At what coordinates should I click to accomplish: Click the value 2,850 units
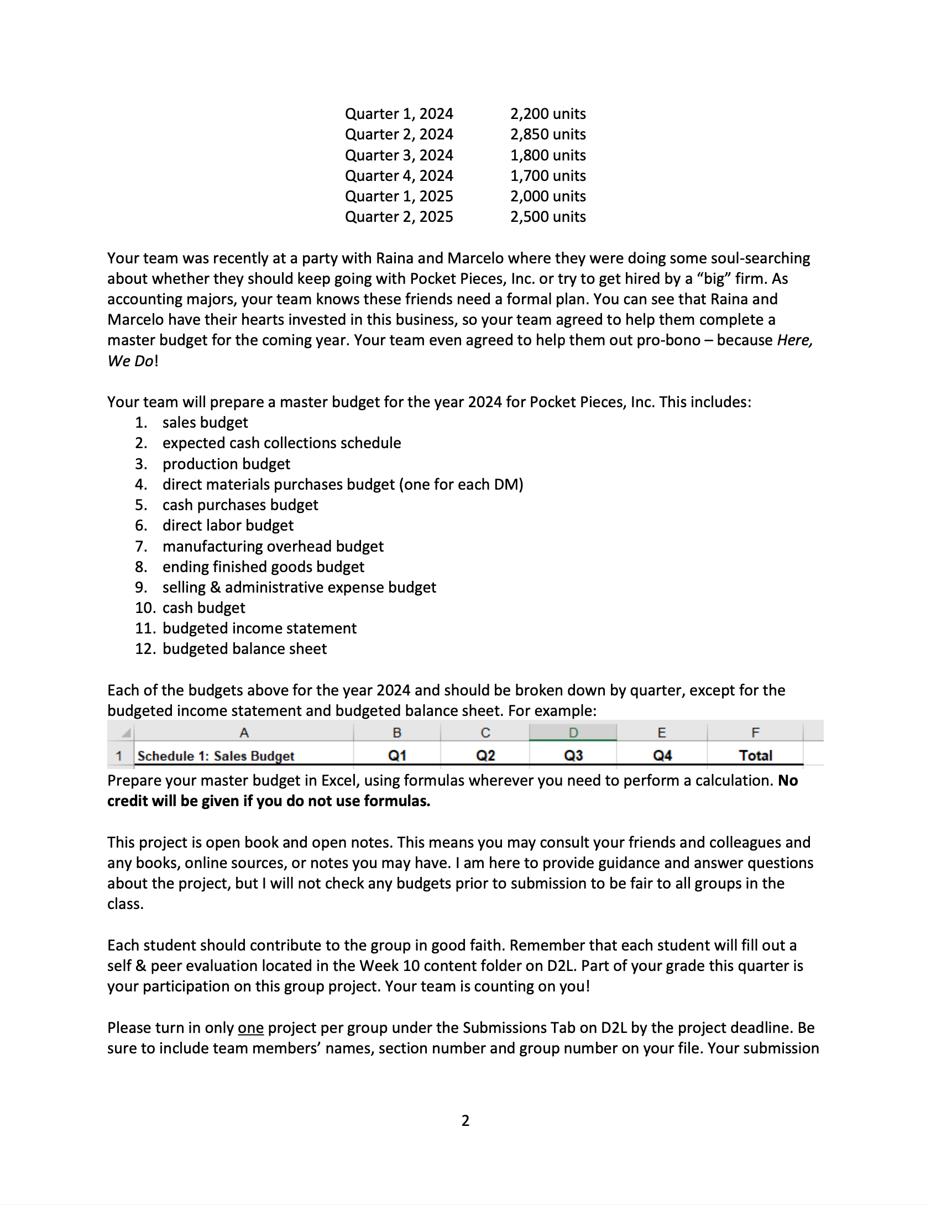[547, 134]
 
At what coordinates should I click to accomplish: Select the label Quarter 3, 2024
[399, 155]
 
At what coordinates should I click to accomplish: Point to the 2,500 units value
[547, 217]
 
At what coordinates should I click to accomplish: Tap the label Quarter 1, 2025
[399, 196]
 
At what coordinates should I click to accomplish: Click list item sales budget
[205, 423]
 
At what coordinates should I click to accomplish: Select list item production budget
[226, 464]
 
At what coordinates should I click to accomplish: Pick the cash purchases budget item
[240, 505]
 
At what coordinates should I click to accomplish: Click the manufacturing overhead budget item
[273, 547]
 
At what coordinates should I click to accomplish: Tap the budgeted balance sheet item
[244, 649]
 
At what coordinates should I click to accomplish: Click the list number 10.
[145, 608]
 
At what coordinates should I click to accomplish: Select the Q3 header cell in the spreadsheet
[573, 756]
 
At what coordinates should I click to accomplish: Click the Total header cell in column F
[755, 756]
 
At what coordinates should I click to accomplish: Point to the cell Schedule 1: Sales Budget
[216, 756]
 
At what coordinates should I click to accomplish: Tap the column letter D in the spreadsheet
[573, 733]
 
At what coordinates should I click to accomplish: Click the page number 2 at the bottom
[465, 1121]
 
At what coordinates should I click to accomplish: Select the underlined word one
[250, 1028]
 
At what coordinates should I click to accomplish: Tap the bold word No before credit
[788, 781]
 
